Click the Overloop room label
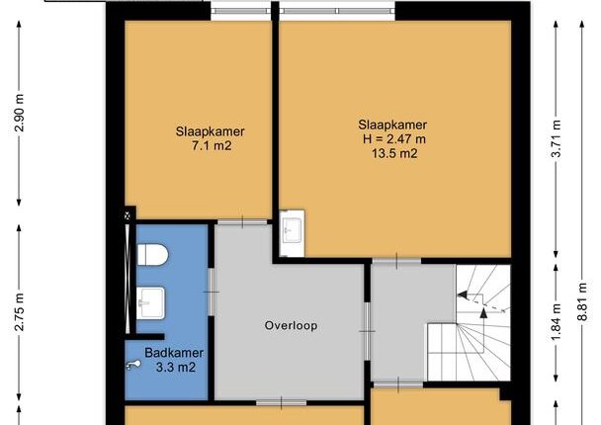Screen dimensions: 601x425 (x=291, y=326)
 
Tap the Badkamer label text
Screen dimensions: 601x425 (x=174, y=353)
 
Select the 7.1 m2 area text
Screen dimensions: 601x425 (x=212, y=146)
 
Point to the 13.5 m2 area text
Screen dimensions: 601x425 (x=394, y=153)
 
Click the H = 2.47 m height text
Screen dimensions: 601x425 (x=394, y=138)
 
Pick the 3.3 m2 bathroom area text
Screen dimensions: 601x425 (x=176, y=367)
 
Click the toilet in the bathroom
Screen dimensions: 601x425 (x=152, y=255)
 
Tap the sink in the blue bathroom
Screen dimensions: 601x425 (x=150, y=303)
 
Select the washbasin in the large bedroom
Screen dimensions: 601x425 (x=292, y=233)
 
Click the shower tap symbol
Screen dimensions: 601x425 (x=133, y=366)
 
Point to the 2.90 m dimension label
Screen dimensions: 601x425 (x=19, y=113)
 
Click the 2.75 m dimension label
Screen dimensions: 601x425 (x=19, y=312)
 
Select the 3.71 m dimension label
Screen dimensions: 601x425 (x=556, y=138)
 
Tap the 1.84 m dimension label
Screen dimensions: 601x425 (x=556, y=321)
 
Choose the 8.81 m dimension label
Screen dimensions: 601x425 (x=582, y=301)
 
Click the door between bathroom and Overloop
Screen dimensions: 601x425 (x=211, y=292)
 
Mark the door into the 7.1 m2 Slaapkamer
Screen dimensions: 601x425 (x=242, y=221)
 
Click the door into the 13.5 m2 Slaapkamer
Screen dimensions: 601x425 (x=396, y=261)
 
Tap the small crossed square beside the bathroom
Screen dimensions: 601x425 (x=128, y=216)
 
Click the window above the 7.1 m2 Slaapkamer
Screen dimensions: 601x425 (x=241, y=11)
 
